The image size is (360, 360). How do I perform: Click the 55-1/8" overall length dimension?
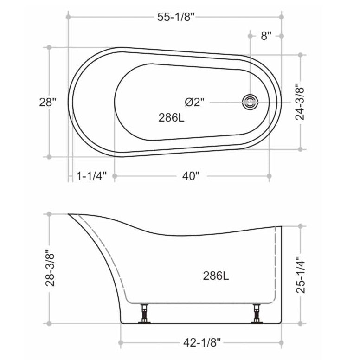click(x=175, y=17)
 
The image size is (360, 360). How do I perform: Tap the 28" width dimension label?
click(x=48, y=102)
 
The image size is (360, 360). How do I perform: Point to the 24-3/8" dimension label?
click(x=301, y=102)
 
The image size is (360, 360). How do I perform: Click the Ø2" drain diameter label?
click(x=194, y=102)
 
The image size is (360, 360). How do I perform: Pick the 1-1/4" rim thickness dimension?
click(x=91, y=176)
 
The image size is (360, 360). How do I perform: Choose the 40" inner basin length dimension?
click(x=191, y=176)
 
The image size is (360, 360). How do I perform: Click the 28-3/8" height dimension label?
click(x=50, y=269)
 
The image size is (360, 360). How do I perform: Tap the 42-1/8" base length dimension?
click(x=201, y=343)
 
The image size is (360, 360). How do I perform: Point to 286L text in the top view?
click(x=172, y=117)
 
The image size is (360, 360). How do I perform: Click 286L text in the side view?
click(x=216, y=276)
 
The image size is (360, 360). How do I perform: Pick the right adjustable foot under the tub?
click(x=256, y=314)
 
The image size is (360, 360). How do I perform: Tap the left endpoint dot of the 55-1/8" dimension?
click(x=68, y=17)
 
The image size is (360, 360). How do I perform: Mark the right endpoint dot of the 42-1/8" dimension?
click(x=281, y=343)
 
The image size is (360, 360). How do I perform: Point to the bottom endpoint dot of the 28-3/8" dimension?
click(x=49, y=323)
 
